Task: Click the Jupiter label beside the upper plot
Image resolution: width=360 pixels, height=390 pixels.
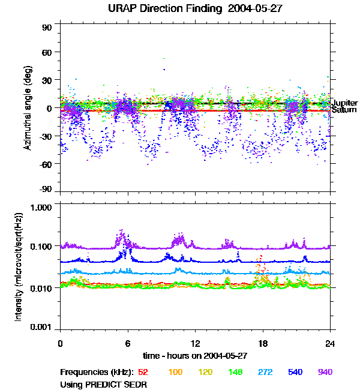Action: [x=344, y=103]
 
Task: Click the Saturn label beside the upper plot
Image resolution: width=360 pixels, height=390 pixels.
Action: [x=344, y=110]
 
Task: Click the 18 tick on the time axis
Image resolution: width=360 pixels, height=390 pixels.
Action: [x=263, y=343]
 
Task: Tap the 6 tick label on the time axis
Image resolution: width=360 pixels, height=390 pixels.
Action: [x=128, y=343]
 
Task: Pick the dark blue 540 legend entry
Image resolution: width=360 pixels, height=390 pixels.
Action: [x=295, y=372]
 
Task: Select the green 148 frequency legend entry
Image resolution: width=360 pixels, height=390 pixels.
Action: [x=235, y=372]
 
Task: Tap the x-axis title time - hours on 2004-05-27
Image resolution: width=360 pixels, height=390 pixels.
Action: [x=195, y=355]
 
